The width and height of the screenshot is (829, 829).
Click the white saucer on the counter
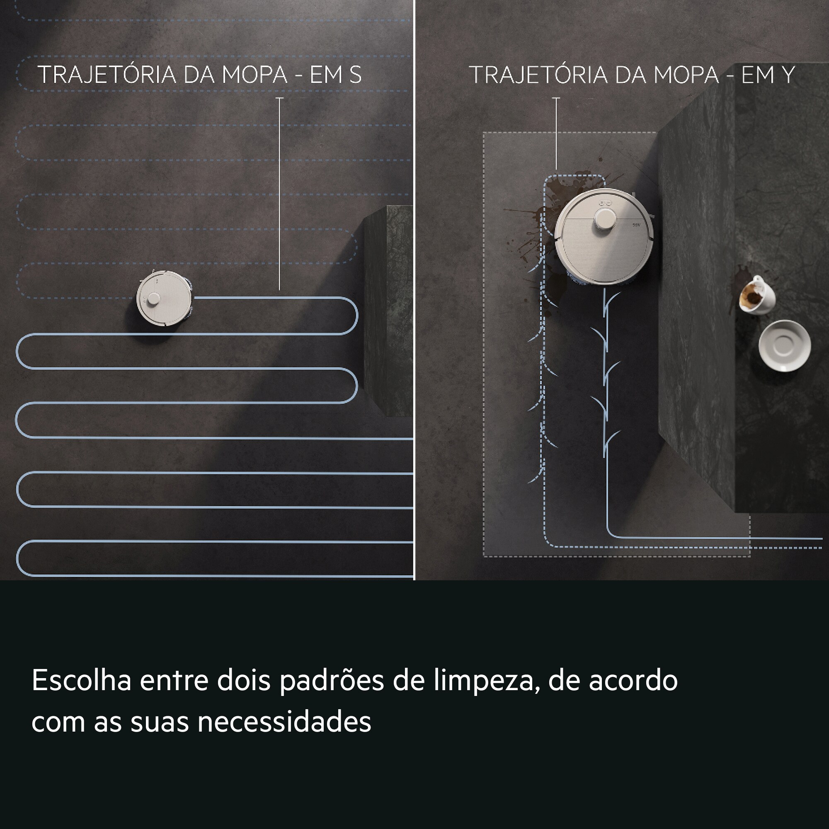tap(784, 345)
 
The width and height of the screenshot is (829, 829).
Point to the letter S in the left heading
tap(355, 75)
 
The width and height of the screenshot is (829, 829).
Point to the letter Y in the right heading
tap(788, 75)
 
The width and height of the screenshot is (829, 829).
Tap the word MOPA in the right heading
tap(686, 75)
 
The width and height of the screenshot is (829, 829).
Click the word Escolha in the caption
tap(81, 681)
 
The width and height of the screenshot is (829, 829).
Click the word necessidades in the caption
tap(284, 722)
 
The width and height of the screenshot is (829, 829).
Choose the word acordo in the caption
tap(633, 681)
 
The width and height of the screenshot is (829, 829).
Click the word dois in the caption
tap(243, 681)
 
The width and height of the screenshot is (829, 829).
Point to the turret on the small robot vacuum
tap(153, 300)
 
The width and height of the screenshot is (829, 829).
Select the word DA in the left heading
tap(198, 75)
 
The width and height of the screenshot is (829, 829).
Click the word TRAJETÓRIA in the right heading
tap(538, 75)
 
